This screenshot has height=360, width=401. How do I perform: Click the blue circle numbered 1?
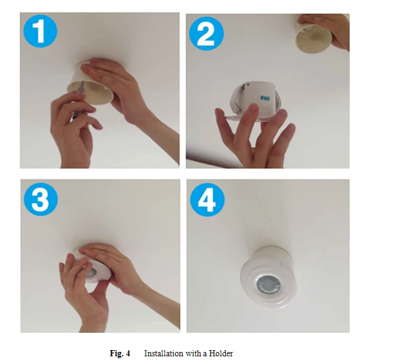[40, 31]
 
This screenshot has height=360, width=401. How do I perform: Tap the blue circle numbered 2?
[207, 33]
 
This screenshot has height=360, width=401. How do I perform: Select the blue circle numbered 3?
[41, 199]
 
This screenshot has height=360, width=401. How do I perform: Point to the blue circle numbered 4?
[207, 200]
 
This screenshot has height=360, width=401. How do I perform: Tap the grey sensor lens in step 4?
[267, 284]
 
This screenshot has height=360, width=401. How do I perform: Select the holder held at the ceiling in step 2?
[310, 38]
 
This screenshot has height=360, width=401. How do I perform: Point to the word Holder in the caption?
[221, 353]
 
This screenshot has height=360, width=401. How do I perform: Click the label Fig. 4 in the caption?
[120, 353]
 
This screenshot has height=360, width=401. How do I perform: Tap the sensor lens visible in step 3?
[91, 272]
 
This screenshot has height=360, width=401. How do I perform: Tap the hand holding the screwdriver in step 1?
[73, 128]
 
